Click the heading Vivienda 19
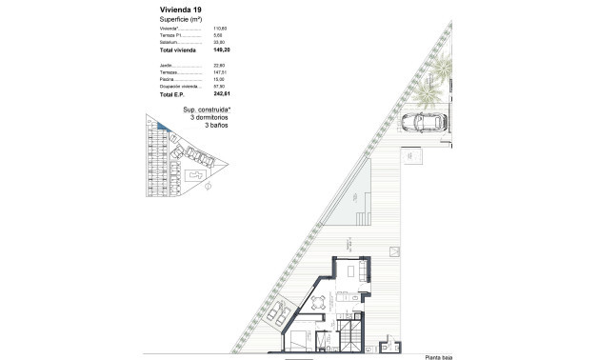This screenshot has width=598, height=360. pyautogui.click(x=179, y=9)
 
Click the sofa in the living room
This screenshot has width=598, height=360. pyautogui.click(x=354, y=272)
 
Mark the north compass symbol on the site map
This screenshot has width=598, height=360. pyautogui.click(x=206, y=189)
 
